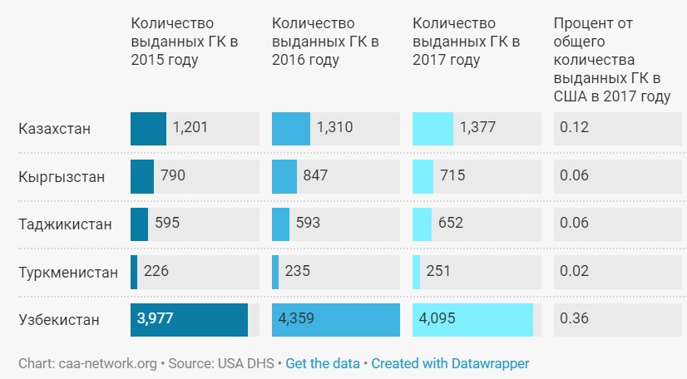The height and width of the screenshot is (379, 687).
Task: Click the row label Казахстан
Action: [54, 129]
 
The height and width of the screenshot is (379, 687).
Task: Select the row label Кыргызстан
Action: [61, 176]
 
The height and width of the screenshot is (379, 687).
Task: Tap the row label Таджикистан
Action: [65, 224]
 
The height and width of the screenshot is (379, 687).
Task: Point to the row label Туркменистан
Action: [69, 272]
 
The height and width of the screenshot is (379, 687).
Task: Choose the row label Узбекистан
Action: [59, 319]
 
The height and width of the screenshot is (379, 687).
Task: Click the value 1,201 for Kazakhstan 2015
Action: [190, 128]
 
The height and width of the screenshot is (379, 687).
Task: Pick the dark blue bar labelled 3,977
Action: [189, 320]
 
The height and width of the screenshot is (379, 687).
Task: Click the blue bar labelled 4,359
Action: [336, 320]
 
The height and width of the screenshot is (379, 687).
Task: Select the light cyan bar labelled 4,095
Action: [472, 320]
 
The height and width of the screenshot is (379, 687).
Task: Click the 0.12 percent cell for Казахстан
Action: [574, 128]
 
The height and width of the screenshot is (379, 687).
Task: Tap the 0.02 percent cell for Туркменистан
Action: [574, 271]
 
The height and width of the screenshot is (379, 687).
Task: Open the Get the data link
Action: [323, 364]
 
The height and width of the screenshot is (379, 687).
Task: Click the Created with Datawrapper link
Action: [450, 364]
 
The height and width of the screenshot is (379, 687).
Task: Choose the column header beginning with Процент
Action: [611, 60]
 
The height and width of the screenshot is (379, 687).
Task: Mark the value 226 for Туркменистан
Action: [157, 271]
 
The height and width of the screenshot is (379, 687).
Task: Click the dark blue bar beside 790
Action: [142, 176]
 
